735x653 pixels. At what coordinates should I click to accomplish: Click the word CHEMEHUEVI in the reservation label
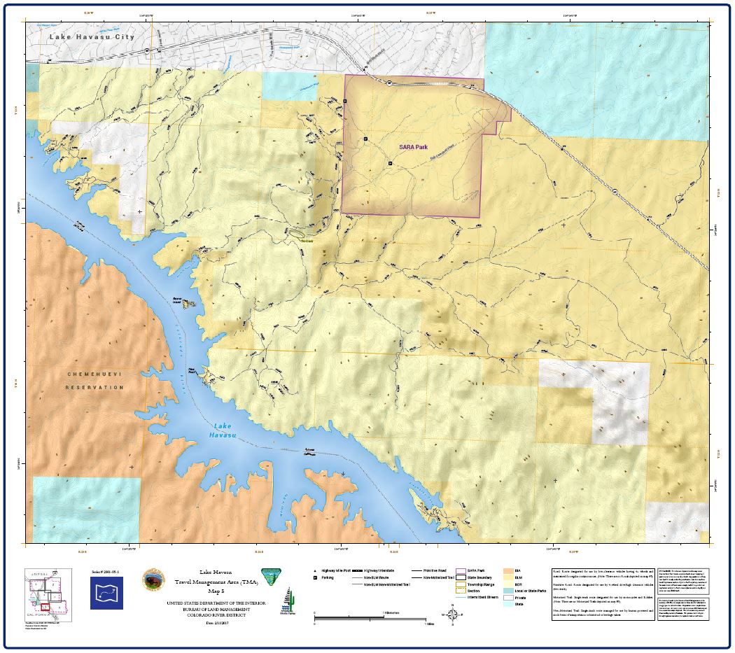pos(94,374)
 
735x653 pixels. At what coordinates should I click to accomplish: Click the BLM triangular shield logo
pos(267,576)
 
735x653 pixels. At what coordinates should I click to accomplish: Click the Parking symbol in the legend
pos(316,578)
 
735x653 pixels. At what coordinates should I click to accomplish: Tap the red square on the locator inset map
pos(45,607)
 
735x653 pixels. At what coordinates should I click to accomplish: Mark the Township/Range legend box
pos(461,584)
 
